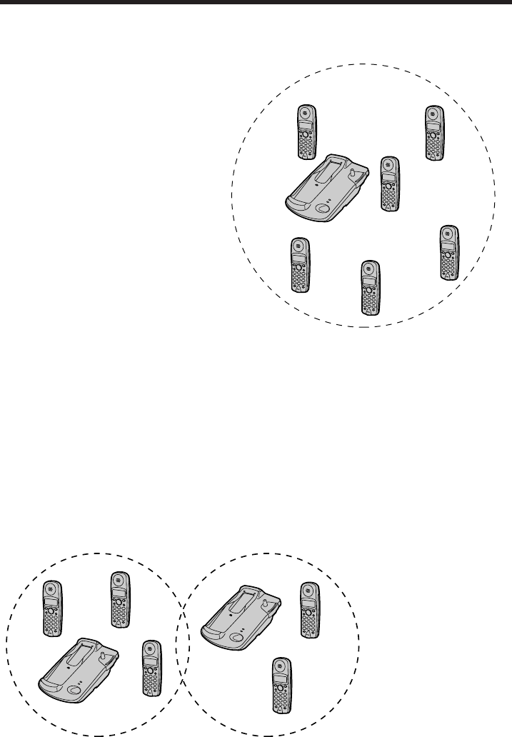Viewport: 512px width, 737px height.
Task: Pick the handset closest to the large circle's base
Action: click(x=389, y=183)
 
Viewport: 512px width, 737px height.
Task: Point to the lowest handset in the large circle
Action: click(x=368, y=288)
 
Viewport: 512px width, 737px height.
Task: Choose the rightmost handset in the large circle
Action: click(x=448, y=252)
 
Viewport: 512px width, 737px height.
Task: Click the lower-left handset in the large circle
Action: click(x=300, y=264)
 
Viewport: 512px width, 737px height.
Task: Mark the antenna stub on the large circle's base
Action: click(x=354, y=171)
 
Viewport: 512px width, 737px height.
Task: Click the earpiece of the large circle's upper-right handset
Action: click(x=433, y=114)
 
